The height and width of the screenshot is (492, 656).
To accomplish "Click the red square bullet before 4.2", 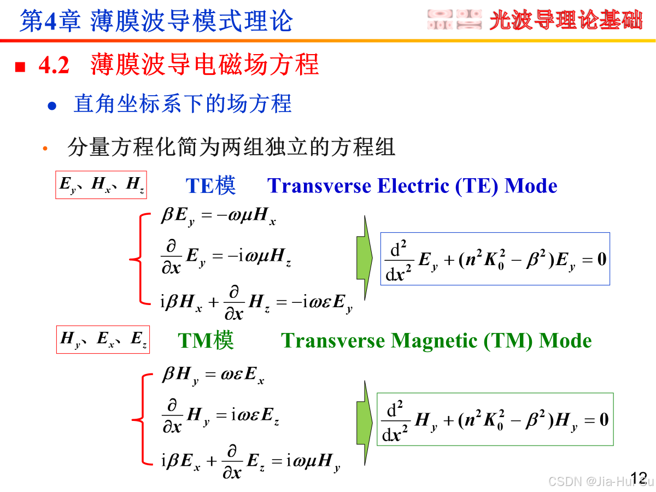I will pyautogui.click(x=20, y=67).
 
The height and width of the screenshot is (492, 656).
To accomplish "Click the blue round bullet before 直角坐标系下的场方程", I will pyautogui.click(x=52, y=106).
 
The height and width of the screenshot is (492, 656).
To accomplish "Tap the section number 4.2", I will pyautogui.click(x=54, y=66).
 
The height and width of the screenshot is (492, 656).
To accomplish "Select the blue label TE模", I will pyautogui.click(x=211, y=186).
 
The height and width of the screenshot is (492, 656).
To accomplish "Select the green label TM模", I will pyautogui.click(x=206, y=341).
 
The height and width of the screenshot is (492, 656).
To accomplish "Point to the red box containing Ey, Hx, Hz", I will pyautogui.click(x=101, y=185).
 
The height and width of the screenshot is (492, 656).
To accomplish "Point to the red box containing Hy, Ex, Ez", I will pyautogui.click(x=103, y=339).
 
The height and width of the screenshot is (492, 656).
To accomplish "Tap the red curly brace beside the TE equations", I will pyautogui.click(x=138, y=257).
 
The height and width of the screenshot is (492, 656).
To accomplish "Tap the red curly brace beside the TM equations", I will pyautogui.click(x=139, y=420).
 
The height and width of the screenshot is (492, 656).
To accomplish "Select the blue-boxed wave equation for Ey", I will pyautogui.click(x=495, y=259).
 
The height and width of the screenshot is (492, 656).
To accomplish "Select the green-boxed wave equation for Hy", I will pyautogui.click(x=495, y=419).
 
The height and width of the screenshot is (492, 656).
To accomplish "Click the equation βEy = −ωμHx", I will pyautogui.click(x=218, y=216).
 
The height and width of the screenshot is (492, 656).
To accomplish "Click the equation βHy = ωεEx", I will pyautogui.click(x=213, y=376).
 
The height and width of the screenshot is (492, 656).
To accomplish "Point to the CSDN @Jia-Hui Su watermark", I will pyautogui.click(x=600, y=481).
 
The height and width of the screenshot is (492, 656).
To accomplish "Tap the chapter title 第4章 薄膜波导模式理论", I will pyautogui.click(x=156, y=21).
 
